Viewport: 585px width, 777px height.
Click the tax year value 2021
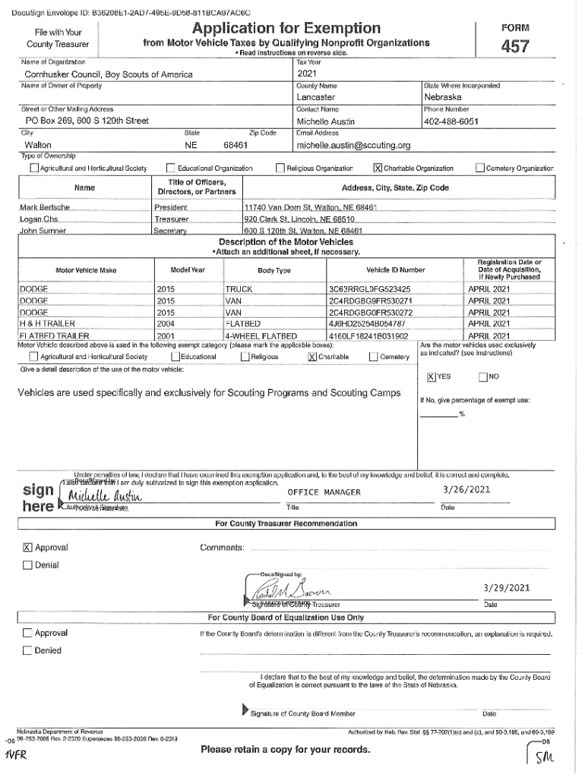[x=307, y=74]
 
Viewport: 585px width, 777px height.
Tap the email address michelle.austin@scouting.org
[x=353, y=145]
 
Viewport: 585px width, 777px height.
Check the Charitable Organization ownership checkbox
[x=378, y=168]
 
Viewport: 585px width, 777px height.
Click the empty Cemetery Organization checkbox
[x=479, y=168]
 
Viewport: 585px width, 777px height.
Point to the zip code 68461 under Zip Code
[x=236, y=145]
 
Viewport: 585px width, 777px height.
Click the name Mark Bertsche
[x=45, y=207]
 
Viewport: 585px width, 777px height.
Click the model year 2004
[x=166, y=323]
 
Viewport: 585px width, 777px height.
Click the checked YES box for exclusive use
[x=431, y=377]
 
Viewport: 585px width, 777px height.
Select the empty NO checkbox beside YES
[x=482, y=377]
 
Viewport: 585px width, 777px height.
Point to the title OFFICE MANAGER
[x=324, y=492]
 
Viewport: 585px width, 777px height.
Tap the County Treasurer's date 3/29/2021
[x=505, y=588]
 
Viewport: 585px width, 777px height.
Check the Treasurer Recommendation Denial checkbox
[x=28, y=565]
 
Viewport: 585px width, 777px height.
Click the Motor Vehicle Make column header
[x=86, y=270]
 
